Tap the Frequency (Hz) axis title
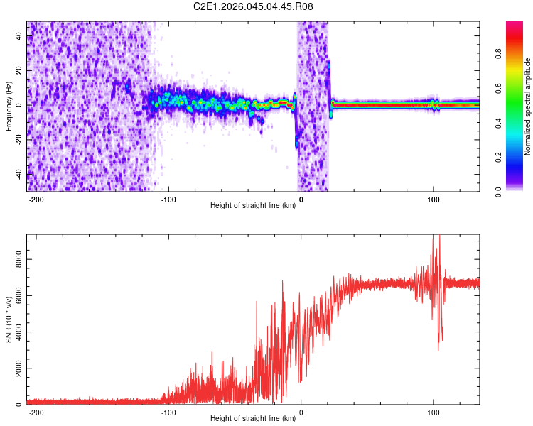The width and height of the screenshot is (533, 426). click(x=9, y=106)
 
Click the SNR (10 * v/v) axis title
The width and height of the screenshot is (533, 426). click(x=9, y=319)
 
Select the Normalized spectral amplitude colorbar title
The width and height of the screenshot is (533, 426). click(x=528, y=106)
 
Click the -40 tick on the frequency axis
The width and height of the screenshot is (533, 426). click(x=18, y=174)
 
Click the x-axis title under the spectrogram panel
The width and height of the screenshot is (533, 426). click(x=253, y=206)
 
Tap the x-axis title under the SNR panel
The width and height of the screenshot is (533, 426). click(x=253, y=419)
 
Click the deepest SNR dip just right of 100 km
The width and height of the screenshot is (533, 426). click(x=438, y=349)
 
